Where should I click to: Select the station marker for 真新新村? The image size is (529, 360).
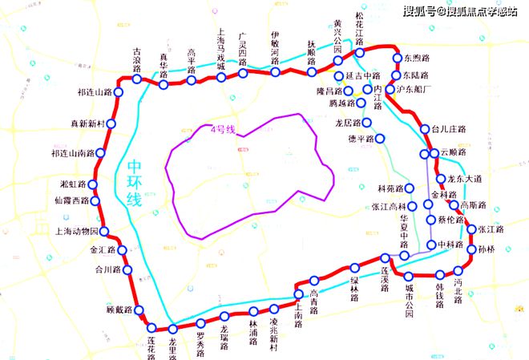pos(111,124)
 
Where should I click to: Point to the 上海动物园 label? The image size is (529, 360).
pos(76,232)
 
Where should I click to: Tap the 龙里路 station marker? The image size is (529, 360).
pos(172,329)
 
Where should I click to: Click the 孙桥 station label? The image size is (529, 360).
pos(487,249)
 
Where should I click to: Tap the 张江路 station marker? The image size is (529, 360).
pos(472,229)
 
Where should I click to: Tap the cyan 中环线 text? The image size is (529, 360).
pos(135,183)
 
